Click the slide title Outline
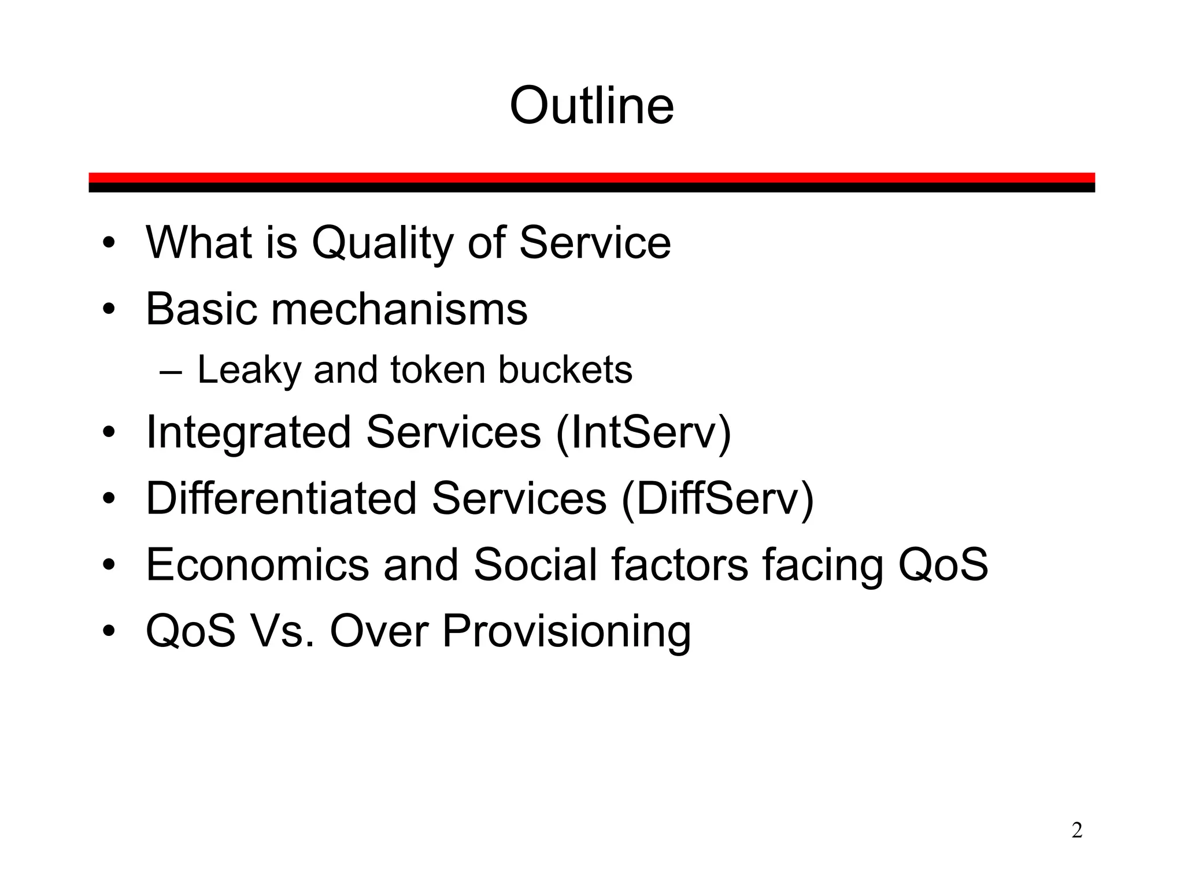click(x=591, y=106)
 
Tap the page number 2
click(x=1076, y=830)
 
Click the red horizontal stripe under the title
click(x=591, y=177)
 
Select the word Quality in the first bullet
click(x=382, y=243)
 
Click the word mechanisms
click(x=399, y=309)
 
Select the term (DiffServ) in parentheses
click(x=717, y=498)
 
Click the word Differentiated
click(x=281, y=498)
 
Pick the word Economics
click(x=257, y=565)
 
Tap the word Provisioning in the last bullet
click(x=566, y=632)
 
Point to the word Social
click(x=535, y=565)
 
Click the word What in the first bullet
click(x=198, y=243)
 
